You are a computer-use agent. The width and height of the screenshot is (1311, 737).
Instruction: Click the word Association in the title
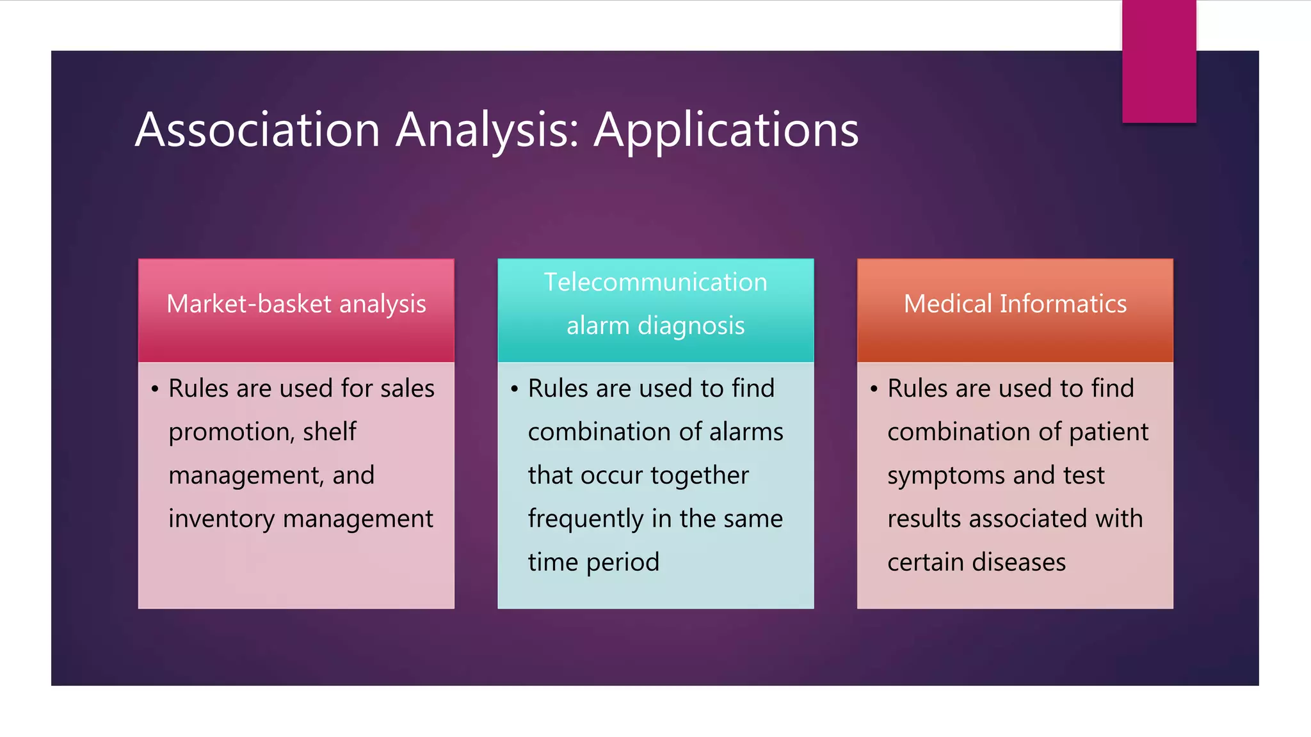pos(258,130)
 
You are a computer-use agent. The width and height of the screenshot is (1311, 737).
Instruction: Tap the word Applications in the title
pos(726,131)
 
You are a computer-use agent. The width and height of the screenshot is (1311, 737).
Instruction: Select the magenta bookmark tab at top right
pos(1159,61)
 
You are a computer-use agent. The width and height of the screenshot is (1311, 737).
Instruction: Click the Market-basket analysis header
pos(296,304)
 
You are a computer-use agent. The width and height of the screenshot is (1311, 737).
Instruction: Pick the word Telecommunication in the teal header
pos(655,282)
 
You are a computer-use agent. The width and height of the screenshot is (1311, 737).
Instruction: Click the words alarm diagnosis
pos(655,326)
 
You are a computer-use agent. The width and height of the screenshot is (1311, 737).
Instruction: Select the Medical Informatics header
pos(1015,304)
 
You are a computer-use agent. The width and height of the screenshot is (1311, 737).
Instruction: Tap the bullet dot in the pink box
pos(155,389)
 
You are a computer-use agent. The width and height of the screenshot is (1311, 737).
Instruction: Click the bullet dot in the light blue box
pos(514,389)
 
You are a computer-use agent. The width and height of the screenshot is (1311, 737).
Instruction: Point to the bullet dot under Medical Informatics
pos(874,389)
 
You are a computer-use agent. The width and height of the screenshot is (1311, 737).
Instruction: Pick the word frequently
pos(585,519)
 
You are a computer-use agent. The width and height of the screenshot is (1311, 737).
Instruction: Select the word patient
pos(1109,432)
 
